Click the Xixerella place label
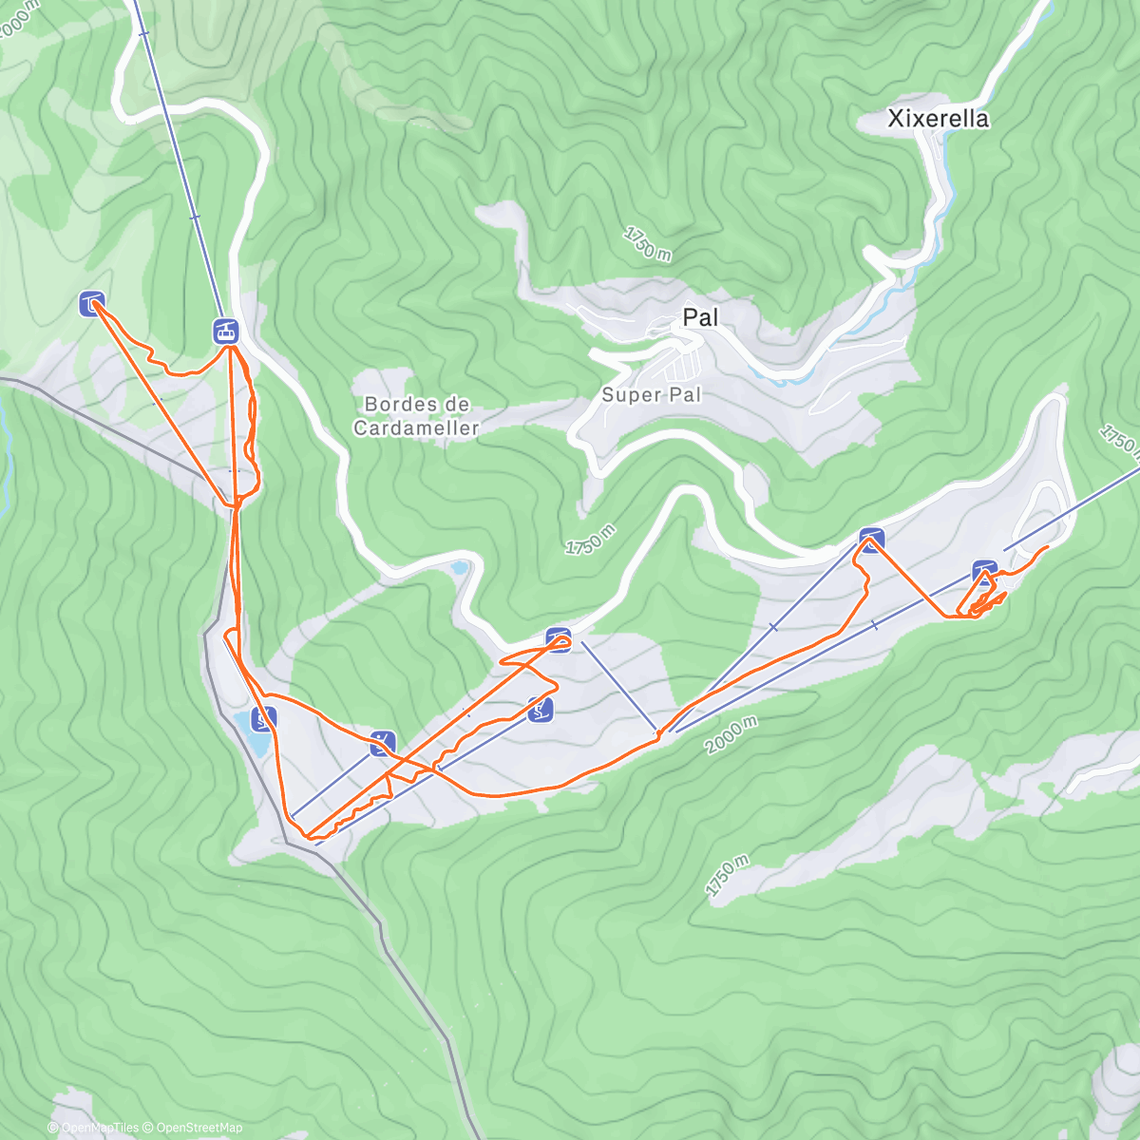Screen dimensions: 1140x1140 [937, 119]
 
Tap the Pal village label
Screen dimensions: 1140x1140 [700, 317]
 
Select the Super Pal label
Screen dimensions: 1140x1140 [651, 393]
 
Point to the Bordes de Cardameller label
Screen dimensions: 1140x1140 [416, 416]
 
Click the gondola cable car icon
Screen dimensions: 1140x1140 [225, 332]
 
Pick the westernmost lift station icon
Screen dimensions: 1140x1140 [91, 304]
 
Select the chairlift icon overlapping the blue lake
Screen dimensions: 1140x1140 [263, 718]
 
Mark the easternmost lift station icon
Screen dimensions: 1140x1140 [984, 572]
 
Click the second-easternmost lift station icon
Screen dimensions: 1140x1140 [871, 539]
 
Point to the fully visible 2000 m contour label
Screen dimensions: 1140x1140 [731, 734]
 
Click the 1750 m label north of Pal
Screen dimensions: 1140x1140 [648, 244]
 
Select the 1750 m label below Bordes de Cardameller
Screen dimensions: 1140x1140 [591, 540]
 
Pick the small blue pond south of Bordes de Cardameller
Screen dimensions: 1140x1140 [460, 568]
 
